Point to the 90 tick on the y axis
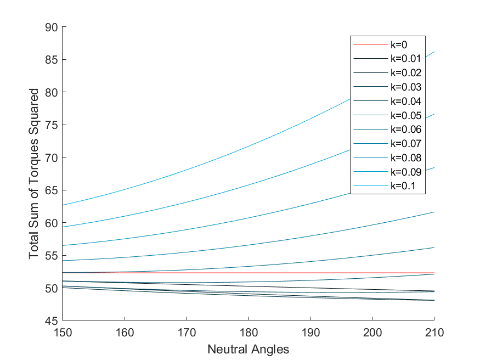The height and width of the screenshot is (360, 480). pyautogui.click(x=54, y=27)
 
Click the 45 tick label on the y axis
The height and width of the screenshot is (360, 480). pyautogui.click(x=54, y=320)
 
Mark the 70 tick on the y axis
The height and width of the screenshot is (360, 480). pyautogui.click(x=54, y=157)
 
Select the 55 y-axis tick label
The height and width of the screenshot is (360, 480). pyautogui.click(x=54, y=255)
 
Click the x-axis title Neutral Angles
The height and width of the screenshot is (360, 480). pyautogui.click(x=248, y=349)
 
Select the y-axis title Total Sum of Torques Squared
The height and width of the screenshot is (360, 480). pyautogui.click(x=34, y=173)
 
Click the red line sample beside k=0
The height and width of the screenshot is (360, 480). pyautogui.click(x=370, y=44)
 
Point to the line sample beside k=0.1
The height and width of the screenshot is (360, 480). pyautogui.click(x=370, y=187)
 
